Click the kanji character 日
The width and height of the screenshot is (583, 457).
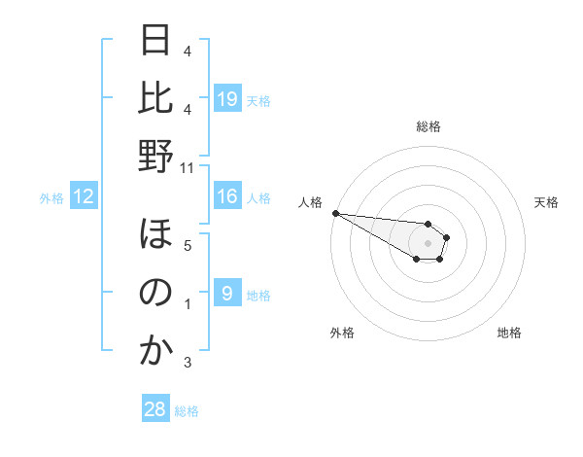tap(155, 41)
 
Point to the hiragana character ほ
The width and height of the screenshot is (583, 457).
tap(155, 234)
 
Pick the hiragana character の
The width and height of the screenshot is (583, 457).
tap(155, 292)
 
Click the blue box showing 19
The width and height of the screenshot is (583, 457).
tap(227, 98)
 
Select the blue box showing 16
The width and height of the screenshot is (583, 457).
tap(227, 197)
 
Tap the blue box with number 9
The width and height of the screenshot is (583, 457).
tap(227, 294)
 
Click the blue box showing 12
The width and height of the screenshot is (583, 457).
tap(84, 197)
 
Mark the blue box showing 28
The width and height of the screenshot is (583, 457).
tap(155, 409)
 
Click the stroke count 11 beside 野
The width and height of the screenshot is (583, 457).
tap(188, 168)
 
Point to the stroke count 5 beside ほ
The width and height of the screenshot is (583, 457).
tap(188, 246)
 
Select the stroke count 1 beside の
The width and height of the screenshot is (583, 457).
tap(188, 304)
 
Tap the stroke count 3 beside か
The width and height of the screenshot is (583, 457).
tap(188, 363)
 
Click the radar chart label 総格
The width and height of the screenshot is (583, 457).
tap(428, 126)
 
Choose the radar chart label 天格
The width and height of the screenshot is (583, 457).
tap(546, 202)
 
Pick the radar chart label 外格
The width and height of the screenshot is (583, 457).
tap(342, 333)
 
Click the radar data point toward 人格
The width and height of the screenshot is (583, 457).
tap(334, 213)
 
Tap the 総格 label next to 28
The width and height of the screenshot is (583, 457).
tap(187, 411)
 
